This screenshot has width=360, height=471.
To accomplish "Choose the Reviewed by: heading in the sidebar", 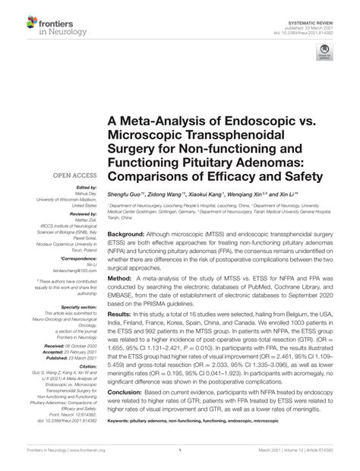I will point(74,214).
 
